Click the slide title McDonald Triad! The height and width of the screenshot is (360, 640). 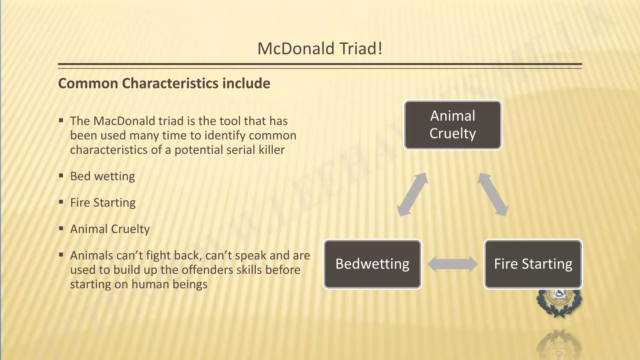click(320, 49)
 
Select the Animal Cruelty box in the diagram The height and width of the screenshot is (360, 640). click(452, 125)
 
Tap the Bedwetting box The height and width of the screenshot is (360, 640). click(372, 264)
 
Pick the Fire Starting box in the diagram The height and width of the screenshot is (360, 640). click(533, 264)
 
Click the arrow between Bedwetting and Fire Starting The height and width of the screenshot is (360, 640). click(452, 264)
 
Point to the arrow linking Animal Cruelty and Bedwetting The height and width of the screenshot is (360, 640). click(412, 194)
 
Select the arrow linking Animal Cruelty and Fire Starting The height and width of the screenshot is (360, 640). click(493, 194)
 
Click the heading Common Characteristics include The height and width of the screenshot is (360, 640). click(164, 83)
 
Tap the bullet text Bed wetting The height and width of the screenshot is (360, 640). click(102, 176)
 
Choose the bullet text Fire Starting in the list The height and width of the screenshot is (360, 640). click(103, 203)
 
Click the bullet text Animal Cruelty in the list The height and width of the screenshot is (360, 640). click(110, 229)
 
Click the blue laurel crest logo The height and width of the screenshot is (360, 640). click(559, 302)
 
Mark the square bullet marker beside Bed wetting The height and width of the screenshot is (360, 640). click(61, 176)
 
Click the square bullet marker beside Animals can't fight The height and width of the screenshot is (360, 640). click(61, 255)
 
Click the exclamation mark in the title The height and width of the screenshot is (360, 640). click(380, 49)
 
